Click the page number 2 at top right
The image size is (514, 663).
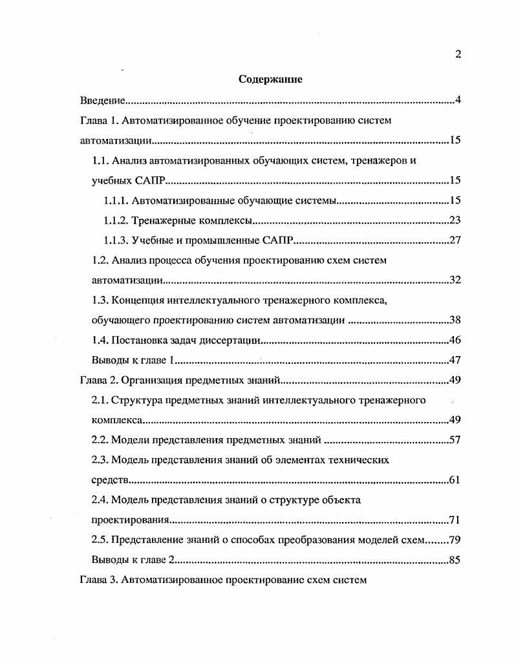(458, 54)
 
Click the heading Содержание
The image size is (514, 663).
(271, 79)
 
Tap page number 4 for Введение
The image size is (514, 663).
(457, 100)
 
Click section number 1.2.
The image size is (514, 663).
(100, 260)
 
